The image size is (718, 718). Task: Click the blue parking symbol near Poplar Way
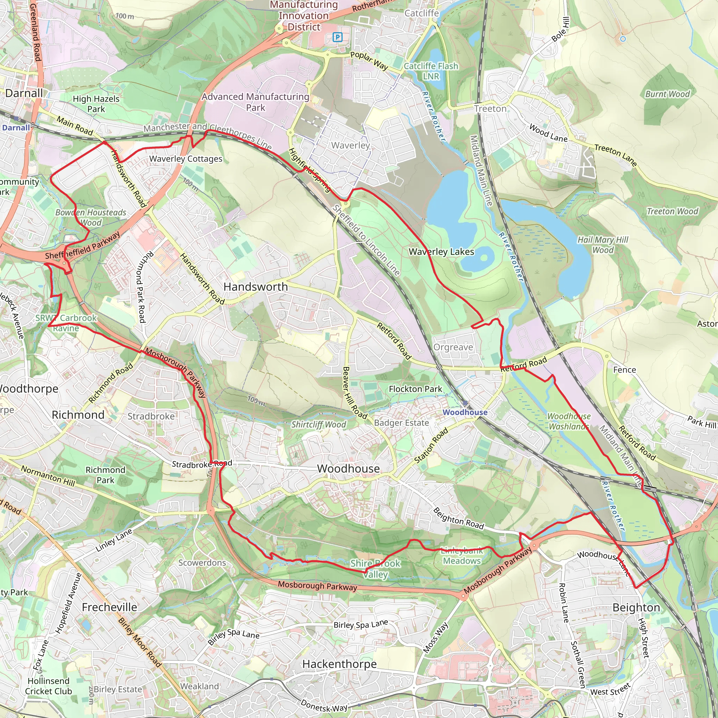click(x=337, y=37)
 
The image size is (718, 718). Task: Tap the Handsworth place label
click(x=255, y=287)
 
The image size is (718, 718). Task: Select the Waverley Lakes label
click(x=441, y=252)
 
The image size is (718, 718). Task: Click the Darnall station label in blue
click(x=16, y=128)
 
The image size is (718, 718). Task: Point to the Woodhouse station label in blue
click(x=465, y=412)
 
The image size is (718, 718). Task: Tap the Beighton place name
click(x=636, y=608)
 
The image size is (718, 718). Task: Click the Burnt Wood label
click(x=667, y=94)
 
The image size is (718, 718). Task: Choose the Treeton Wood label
click(x=672, y=211)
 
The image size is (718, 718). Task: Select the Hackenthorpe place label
click(x=339, y=664)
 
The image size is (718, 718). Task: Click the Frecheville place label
click(x=109, y=607)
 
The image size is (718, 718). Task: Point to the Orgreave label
click(x=453, y=347)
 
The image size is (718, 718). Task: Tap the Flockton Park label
click(x=415, y=389)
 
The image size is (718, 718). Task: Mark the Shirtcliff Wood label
click(x=318, y=425)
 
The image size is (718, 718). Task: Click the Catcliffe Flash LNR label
click(x=431, y=71)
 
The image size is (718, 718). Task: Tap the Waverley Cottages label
click(x=185, y=159)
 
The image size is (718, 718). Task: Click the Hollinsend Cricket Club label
click(x=48, y=686)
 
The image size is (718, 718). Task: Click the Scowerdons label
click(x=202, y=563)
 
